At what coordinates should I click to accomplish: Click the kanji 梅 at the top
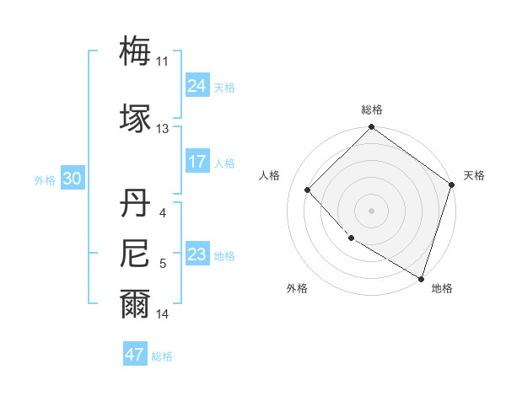135,51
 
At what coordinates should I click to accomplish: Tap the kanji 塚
135,117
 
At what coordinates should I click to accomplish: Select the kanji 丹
135,205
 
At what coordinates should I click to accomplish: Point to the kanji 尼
135,253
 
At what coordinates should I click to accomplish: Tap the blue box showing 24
196,86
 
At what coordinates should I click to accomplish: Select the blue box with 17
196,162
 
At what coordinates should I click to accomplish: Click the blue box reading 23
196,254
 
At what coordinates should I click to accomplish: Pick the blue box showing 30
72,179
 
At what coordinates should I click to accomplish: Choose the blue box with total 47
135,355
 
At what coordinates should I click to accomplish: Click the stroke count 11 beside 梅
163,62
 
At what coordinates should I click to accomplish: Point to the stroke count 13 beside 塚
163,129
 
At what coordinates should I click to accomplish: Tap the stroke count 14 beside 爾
163,314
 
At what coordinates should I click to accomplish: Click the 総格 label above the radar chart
371,110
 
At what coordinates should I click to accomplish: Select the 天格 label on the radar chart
474,175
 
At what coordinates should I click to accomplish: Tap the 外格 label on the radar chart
297,288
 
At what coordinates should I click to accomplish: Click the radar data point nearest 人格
308,190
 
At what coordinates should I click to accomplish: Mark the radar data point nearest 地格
421,277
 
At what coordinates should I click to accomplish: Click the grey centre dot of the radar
371,210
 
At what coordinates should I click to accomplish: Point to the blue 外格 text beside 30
45,180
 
